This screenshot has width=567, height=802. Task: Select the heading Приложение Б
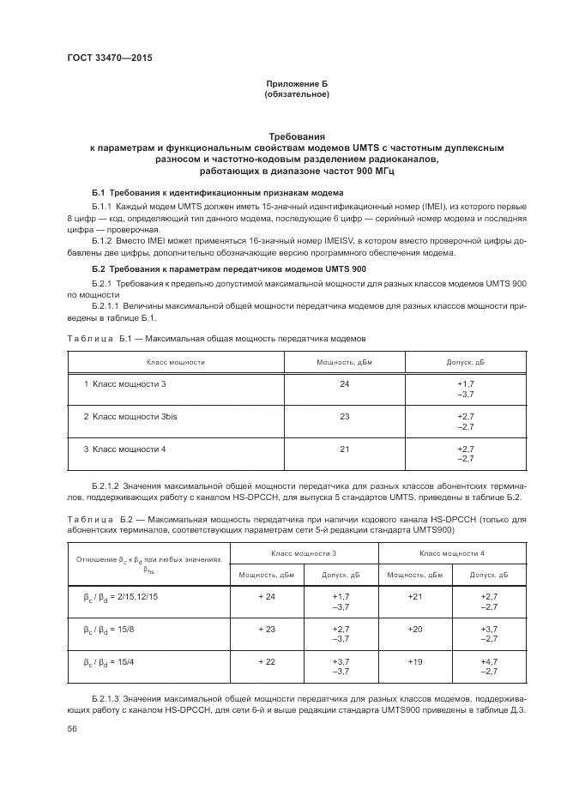pos(297,83)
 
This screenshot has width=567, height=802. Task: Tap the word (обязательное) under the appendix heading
pos(297,93)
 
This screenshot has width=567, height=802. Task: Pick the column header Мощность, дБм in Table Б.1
pos(345,362)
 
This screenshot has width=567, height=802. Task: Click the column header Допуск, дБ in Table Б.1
pos(466,362)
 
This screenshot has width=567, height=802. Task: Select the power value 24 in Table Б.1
pos(345,383)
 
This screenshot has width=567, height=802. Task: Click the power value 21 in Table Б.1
pos(345,449)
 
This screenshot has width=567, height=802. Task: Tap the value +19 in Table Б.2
pos(415,660)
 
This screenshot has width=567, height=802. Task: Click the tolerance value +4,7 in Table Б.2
pos(489,660)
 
